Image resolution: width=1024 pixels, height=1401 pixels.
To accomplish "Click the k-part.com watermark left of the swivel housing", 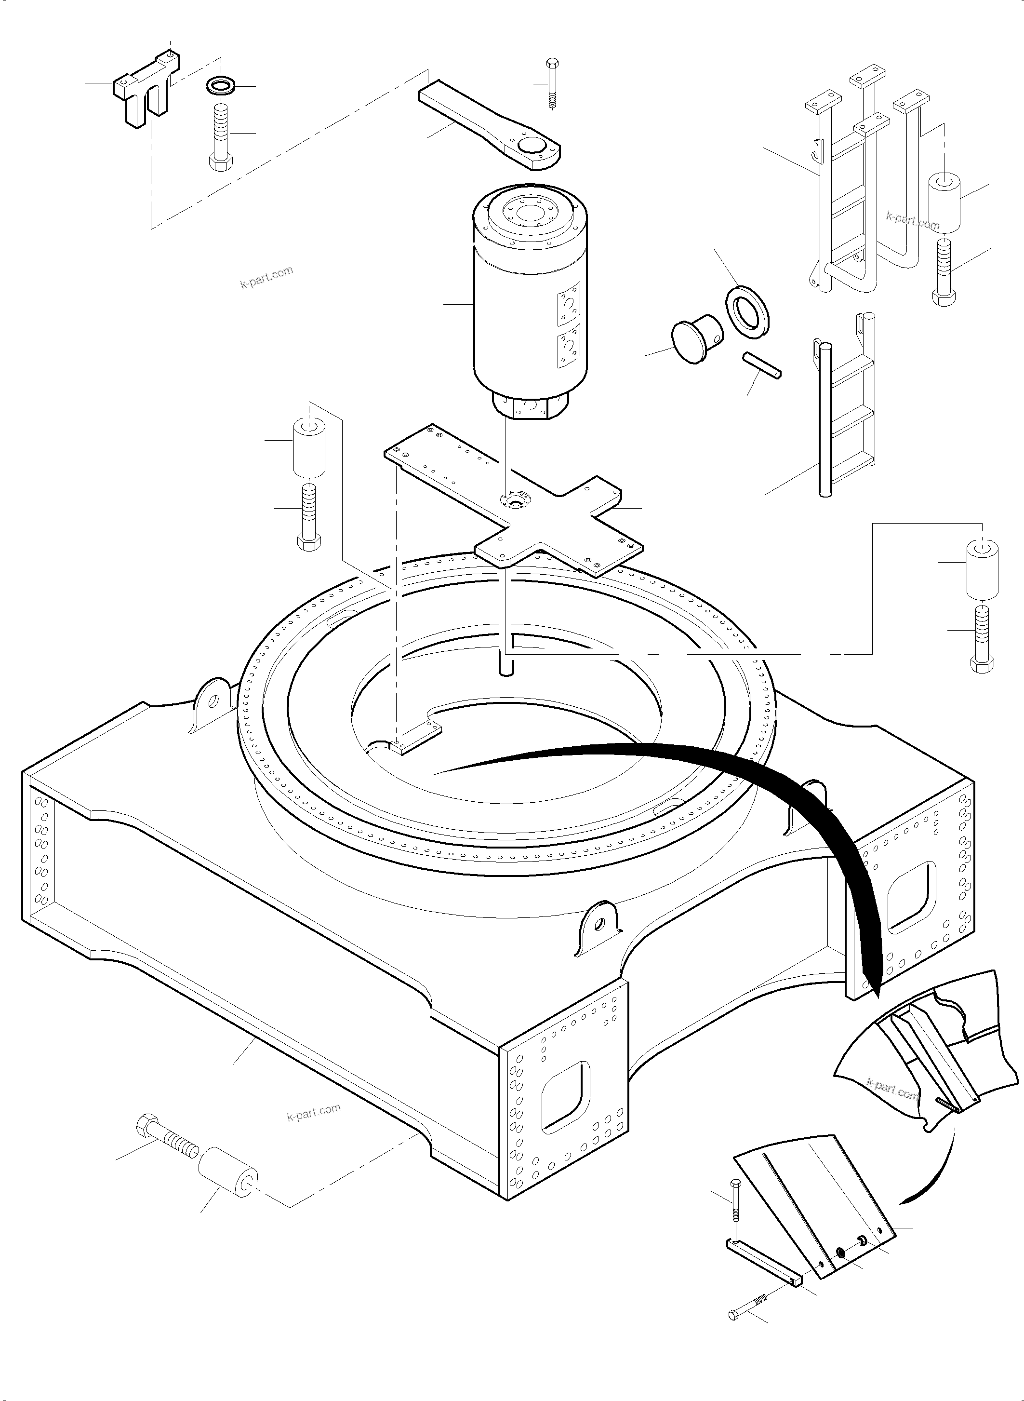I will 266,277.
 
